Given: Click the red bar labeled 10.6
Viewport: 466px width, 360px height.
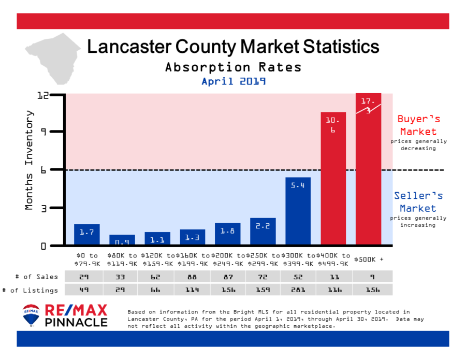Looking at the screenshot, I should click(x=333, y=179).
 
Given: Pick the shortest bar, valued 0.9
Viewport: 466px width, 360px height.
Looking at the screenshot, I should click(x=122, y=240).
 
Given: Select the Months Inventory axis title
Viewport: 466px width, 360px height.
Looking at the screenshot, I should click(x=29, y=160).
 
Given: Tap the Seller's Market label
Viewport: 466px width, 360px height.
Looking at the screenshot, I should click(x=418, y=202).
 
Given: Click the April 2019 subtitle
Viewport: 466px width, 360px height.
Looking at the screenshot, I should click(x=233, y=81).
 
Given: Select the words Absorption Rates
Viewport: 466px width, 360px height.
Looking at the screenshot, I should click(x=233, y=67).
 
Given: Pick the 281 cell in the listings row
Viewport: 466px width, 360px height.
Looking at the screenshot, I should click(x=298, y=290).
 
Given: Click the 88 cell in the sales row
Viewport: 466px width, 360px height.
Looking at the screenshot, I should click(x=192, y=277).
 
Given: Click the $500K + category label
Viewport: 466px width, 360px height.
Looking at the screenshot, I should click(x=368, y=258).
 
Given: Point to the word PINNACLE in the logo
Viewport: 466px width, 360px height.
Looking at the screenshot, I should click(x=76, y=322).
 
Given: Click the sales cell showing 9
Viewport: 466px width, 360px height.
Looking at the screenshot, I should click(x=368, y=277).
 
